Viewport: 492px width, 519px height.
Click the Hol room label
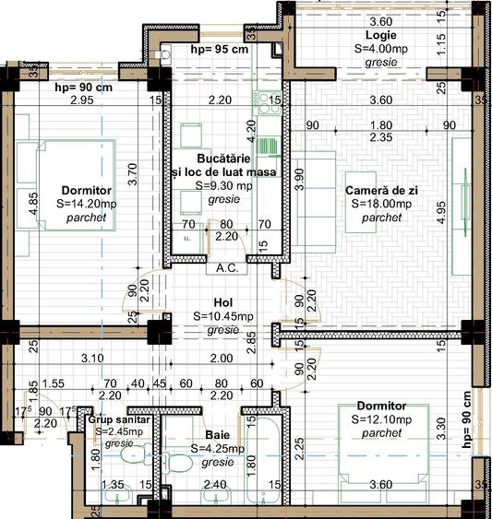222,301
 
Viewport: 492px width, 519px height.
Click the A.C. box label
223,269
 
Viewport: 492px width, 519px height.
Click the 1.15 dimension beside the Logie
442,41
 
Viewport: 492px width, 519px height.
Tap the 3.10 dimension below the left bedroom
92,358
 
